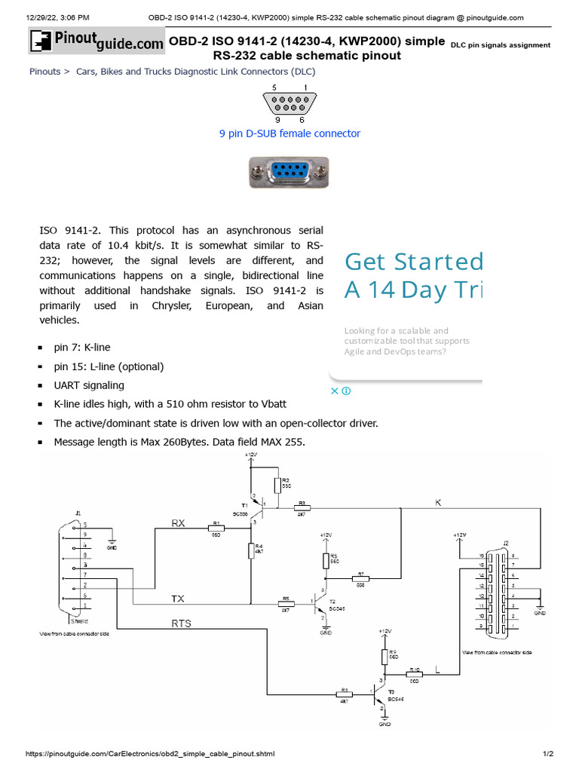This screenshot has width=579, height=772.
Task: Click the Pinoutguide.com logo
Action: coord(96,42)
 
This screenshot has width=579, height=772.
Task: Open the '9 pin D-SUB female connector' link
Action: coord(289,133)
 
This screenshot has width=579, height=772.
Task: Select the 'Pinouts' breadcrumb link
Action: coord(44,72)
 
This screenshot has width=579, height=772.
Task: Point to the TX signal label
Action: coord(177,598)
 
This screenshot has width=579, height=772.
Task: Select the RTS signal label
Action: coord(181,623)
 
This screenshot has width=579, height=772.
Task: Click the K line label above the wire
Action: coord(437,501)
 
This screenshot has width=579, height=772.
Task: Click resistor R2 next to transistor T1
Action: coord(277,486)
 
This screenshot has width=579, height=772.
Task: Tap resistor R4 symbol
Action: coord(250,551)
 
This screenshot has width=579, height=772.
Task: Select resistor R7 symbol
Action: coord(360,579)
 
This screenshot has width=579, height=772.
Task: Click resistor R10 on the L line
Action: coord(414,675)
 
